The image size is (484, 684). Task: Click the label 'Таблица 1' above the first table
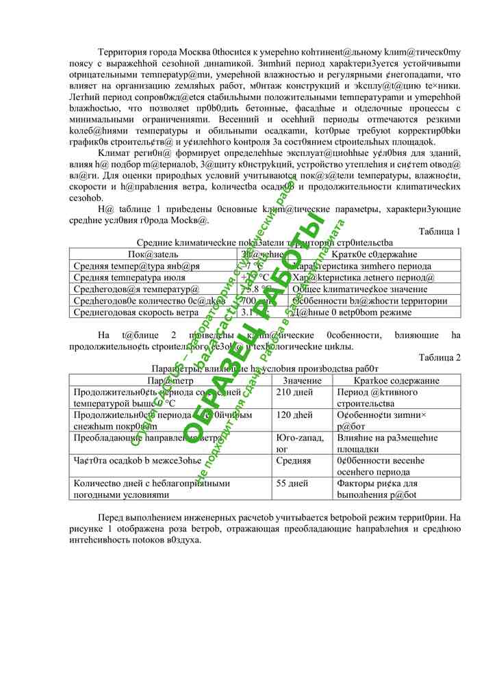[439, 232]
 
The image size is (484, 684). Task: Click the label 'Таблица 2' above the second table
[439, 357]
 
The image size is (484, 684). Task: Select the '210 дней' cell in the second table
[294, 393]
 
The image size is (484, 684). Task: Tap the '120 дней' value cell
[294, 415]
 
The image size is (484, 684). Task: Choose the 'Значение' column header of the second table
[303, 380]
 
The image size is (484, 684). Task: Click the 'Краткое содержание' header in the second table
[396, 380]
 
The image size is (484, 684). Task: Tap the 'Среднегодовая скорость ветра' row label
[129, 313]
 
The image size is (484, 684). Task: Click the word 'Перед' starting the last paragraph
[113, 518]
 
